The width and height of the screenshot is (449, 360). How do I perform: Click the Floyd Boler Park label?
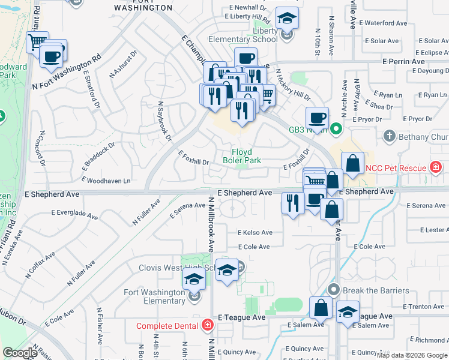(242, 156)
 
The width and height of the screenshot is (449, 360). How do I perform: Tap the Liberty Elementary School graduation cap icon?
(288, 19)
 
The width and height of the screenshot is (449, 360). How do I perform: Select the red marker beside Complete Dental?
(207, 326)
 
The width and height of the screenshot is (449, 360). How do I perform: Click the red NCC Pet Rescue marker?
(435, 167)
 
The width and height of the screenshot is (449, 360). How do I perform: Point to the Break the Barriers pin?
(334, 290)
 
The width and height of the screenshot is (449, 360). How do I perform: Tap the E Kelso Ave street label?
(255, 233)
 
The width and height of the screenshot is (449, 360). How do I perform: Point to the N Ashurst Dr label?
(124, 64)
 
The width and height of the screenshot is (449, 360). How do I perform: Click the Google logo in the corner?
(20, 353)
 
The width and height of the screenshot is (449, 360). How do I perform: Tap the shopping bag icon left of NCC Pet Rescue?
(353, 163)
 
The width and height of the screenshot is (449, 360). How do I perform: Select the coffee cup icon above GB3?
(316, 117)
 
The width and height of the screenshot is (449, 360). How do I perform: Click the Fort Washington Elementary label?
(153, 296)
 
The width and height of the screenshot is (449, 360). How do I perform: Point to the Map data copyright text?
(412, 355)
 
